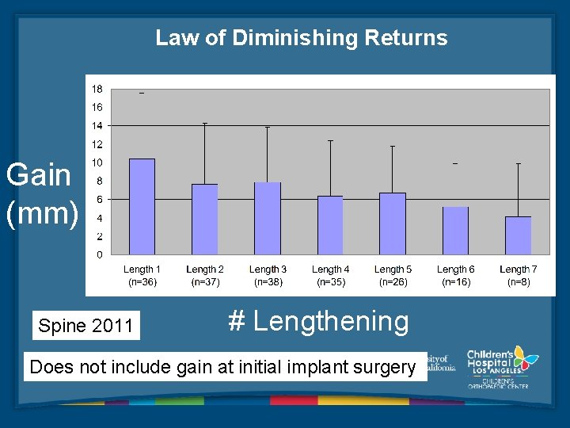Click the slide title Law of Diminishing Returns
click(x=301, y=38)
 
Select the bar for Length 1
click(x=142, y=207)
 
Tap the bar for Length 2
click(x=204, y=220)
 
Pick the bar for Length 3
click(x=267, y=219)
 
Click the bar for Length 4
click(x=330, y=225)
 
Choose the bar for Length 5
click(x=392, y=224)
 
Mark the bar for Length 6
click(x=455, y=231)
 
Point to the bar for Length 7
click(x=518, y=235)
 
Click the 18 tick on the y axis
click(x=97, y=89)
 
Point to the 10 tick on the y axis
click(x=97, y=162)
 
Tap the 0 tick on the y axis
click(x=99, y=254)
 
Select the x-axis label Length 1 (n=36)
click(x=142, y=275)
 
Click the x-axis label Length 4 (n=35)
click(x=330, y=275)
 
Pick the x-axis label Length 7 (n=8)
click(x=519, y=275)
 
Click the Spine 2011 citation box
click(x=85, y=326)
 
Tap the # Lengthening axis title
click(x=318, y=321)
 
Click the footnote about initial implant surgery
click(x=222, y=367)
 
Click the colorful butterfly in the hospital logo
click(x=524, y=358)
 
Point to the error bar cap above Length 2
click(x=204, y=124)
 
